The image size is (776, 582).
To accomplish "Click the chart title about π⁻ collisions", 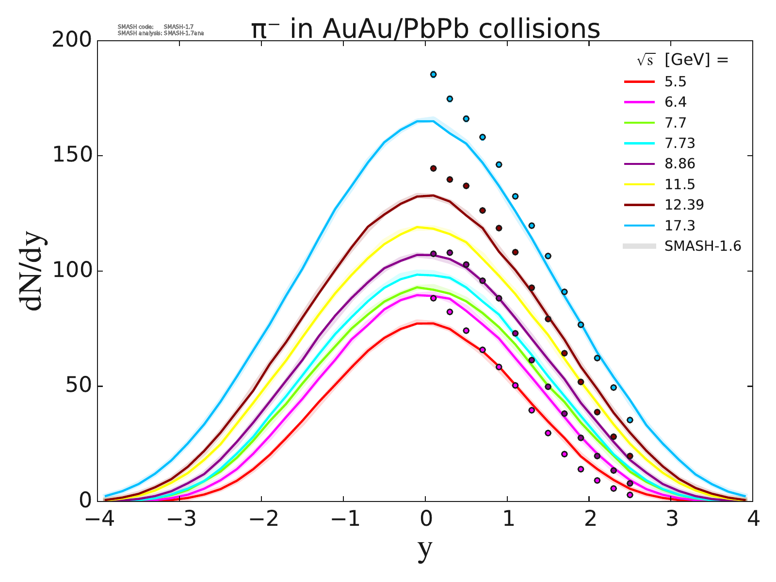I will click(425, 29).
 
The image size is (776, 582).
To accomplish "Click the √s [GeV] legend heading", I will click(682, 60).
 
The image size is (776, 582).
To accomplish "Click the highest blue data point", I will click(433, 74).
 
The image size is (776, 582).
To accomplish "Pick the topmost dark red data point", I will click(433, 168).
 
